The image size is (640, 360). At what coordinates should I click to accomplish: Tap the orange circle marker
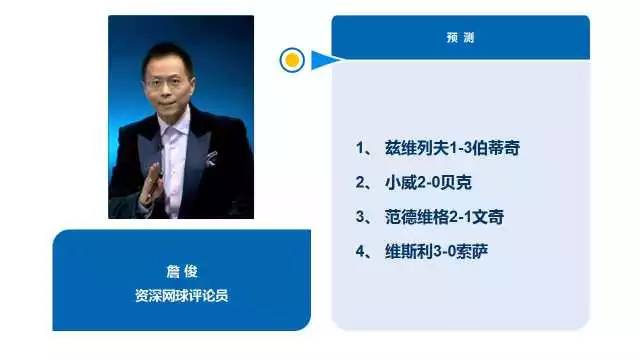[292, 60]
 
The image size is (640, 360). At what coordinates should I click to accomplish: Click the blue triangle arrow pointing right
[322, 61]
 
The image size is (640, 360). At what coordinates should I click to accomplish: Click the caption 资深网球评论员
[181, 296]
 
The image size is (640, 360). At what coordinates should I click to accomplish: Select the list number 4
[361, 249]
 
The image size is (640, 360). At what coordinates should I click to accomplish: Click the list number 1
[361, 147]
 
